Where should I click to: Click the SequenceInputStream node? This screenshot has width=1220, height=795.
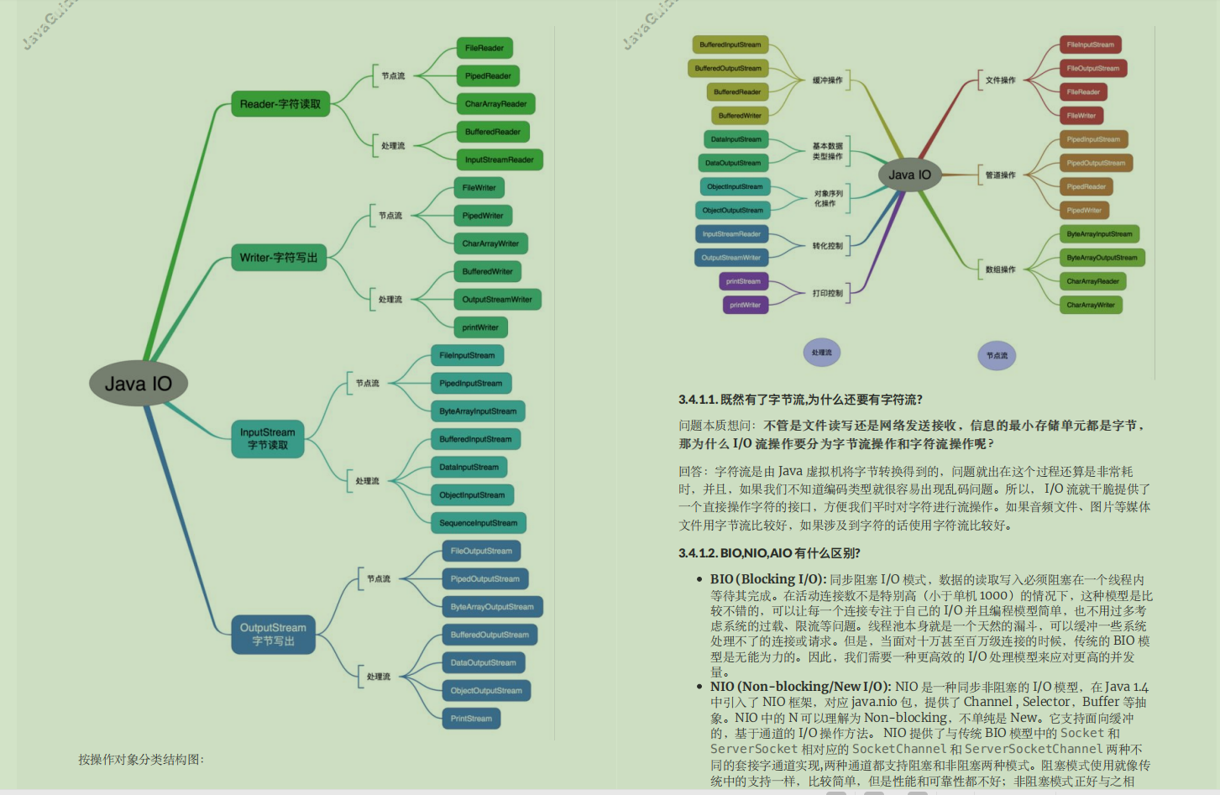pyautogui.click(x=479, y=523)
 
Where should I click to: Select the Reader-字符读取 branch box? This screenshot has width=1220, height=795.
pyautogui.click(x=280, y=104)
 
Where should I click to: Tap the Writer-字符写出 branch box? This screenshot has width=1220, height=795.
pyautogui.click(x=279, y=258)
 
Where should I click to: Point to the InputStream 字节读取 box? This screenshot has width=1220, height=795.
pyautogui.click(x=268, y=439)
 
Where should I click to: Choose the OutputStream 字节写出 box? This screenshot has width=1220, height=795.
pyautogui.click(x=273, y=635)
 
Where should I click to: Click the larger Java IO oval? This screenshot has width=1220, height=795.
pyautogui.click(x=139, y=384)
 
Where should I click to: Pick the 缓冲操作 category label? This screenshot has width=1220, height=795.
pyautogui.click(x=827, y=81)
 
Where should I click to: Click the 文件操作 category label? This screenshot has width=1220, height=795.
pyautogui.click(x=1000, y=81)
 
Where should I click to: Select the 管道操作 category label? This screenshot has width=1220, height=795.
pyautogui.click(x=1000, y=175)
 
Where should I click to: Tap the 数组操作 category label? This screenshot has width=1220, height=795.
pyautogui.click(x=1000, y=269)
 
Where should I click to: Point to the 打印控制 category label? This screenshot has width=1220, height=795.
pyautogui.click(x=827, y=293)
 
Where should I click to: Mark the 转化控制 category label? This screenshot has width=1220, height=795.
pyautogui.click(x=827, y=246)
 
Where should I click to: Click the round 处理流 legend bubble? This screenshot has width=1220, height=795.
pyautogui.click(x=822, y=353)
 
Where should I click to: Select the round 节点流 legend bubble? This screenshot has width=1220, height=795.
pyautogui.click(x=997, y=356)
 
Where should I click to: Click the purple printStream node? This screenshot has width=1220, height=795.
pyautogui.click(x=744, y=281)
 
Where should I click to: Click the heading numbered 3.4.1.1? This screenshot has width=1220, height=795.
pyautogui.click(x=800, y=400)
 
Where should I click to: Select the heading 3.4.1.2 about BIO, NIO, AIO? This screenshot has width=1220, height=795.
pyautogui.click(x=769, y=553)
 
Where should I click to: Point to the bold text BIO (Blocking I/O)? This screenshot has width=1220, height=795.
pyautogui.click(x=768, y=579)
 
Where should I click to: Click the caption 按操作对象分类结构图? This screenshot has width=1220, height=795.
pyautogui.click(x=141, y=760)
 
